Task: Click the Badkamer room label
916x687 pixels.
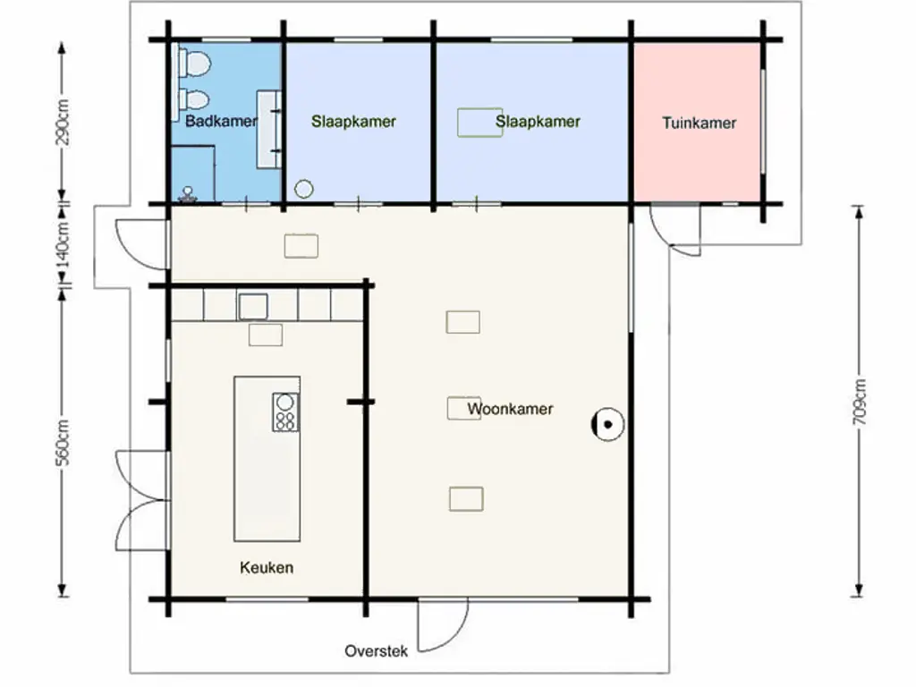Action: click(221, 121)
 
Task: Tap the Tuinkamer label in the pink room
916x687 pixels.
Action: click(700, 123)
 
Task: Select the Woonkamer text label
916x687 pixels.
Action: click(510, 408)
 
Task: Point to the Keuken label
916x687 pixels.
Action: click(267, 567)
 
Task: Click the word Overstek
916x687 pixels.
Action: click(377, 651)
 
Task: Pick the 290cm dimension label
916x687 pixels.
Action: click(63, 122)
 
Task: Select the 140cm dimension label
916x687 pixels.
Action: click(63, 244)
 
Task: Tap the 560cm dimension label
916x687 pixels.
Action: click(63, 442)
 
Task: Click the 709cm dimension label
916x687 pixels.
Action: click(860, 402)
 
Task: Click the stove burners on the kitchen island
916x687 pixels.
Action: click(285, 412)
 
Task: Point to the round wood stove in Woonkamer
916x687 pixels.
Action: click(607, 424)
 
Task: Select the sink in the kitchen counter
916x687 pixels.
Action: click(253, 307)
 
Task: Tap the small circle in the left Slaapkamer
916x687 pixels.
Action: click(304, 189)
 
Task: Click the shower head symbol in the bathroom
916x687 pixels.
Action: click(188, 194)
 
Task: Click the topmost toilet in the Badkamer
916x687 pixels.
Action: click(194, 64)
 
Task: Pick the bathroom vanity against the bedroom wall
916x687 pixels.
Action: click(269, 129)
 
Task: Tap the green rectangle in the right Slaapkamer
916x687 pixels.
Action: click(479, 122)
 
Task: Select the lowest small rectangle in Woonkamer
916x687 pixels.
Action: click(466, 499)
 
